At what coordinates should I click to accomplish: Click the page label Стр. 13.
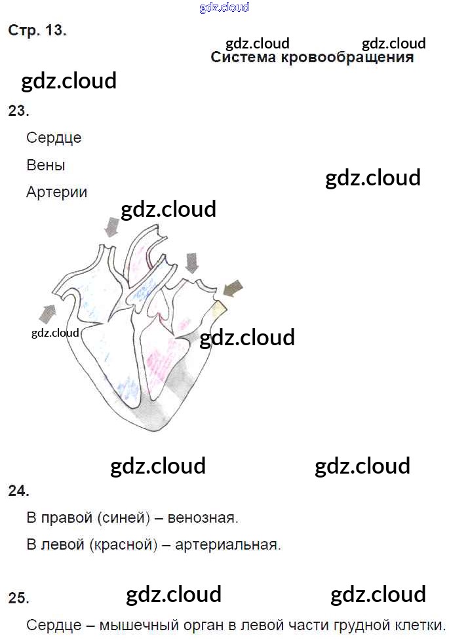coord(37,30)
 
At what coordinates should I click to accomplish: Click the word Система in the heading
coord(243,57)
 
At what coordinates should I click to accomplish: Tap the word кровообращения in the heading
coord(347,58)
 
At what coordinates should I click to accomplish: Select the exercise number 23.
coord(19,111)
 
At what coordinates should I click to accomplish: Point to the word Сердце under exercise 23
coord(54,138)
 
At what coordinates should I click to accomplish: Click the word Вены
coord(46,165)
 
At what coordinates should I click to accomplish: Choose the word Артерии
coord(57,192)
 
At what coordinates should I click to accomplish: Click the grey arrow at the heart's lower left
coord(47,313)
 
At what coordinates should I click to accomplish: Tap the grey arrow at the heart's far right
coord(233,288)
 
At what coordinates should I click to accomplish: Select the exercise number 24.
coord(19,491)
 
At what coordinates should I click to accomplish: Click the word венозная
coord(203,518)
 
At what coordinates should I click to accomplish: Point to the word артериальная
coord(228,545)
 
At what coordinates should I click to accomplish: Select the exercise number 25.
coord(19,598)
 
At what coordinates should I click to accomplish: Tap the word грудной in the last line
coord(362,626)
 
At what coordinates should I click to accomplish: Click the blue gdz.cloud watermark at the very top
coord(224,7)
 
